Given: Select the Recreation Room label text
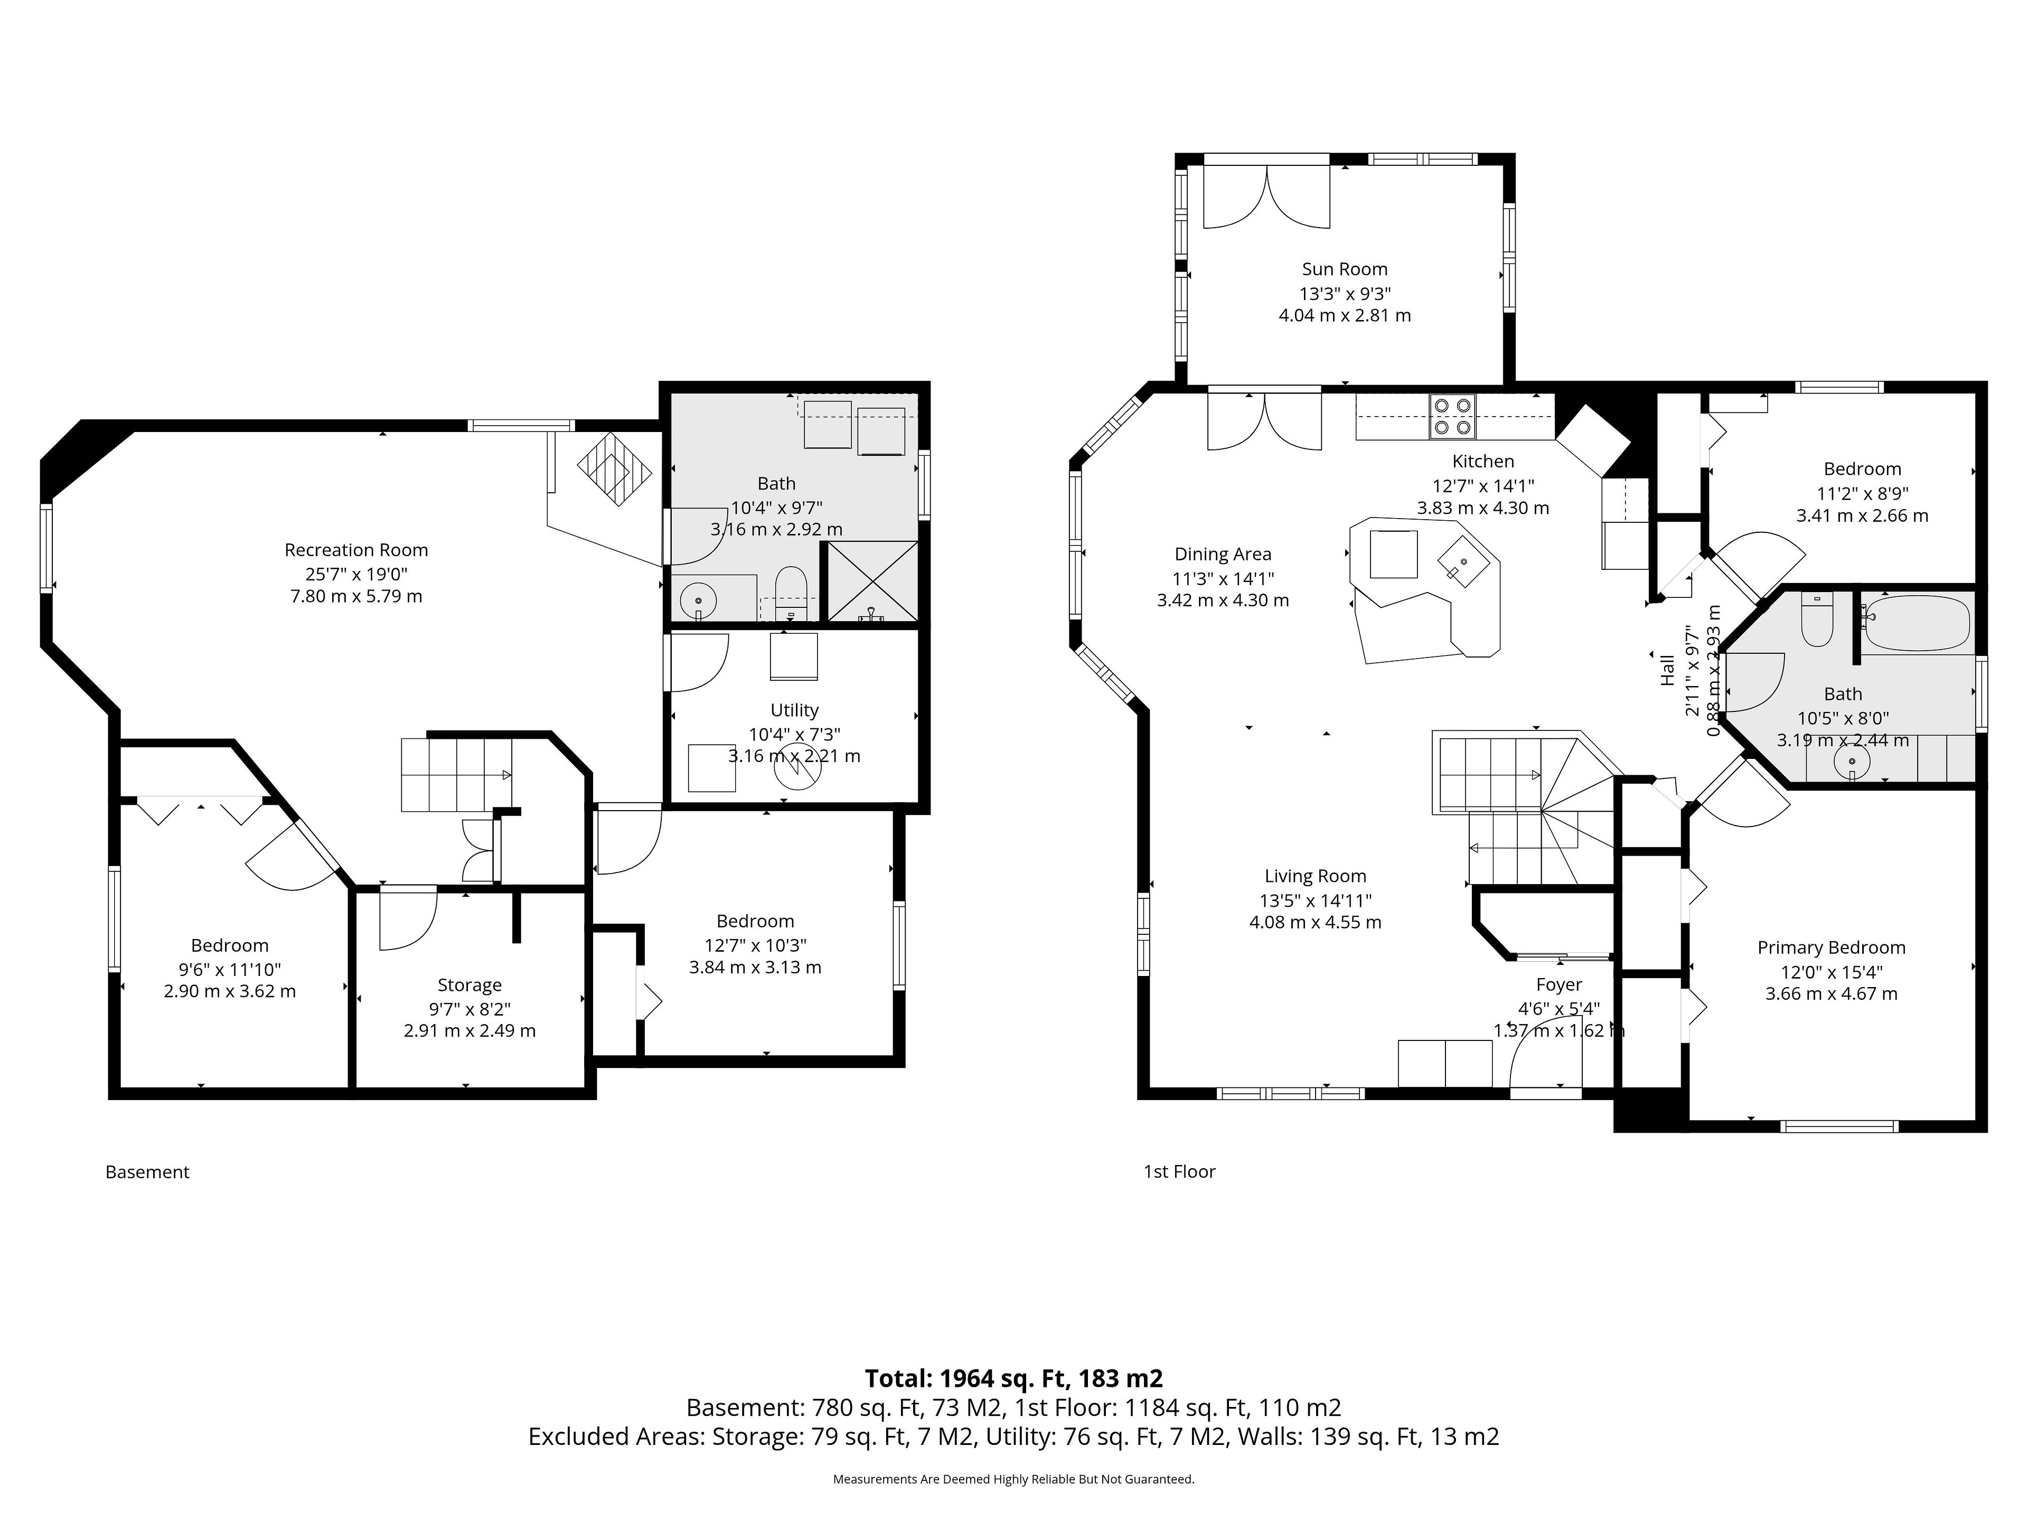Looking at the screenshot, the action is coord(356,550).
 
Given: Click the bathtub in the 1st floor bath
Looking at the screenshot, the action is coord(1915,623).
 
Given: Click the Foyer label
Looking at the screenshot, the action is coord(1558,984).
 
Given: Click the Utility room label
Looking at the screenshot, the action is coord(794,710).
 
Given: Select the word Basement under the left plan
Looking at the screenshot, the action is coord(147,1172).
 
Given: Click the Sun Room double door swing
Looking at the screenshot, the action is coord(1266,196).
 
